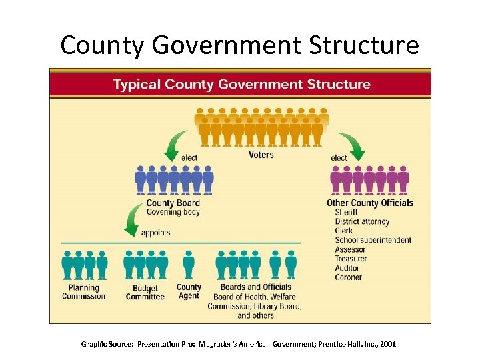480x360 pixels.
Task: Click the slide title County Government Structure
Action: [239, 45]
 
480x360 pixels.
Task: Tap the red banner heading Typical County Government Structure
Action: [241, 84]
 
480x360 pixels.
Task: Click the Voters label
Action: [261, 155]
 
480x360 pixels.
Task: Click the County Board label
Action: [173, 203]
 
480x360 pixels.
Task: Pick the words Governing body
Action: [173, 212]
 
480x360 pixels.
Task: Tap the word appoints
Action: [155, 233]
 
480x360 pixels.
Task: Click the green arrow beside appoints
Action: [133, 221]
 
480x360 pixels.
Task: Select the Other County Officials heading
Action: [369, 203]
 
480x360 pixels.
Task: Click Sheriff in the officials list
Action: [347, 212]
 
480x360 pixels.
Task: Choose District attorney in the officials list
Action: [362, 221]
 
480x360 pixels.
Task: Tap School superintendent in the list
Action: [373, 240]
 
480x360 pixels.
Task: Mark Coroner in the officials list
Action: [349, 277]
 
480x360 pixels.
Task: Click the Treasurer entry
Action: [351, 259]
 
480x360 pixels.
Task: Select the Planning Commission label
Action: [84, 291]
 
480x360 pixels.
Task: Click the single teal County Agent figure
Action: [189, 264]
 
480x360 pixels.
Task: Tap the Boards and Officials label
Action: [252, 287]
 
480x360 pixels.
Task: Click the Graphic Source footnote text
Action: [238, 344]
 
